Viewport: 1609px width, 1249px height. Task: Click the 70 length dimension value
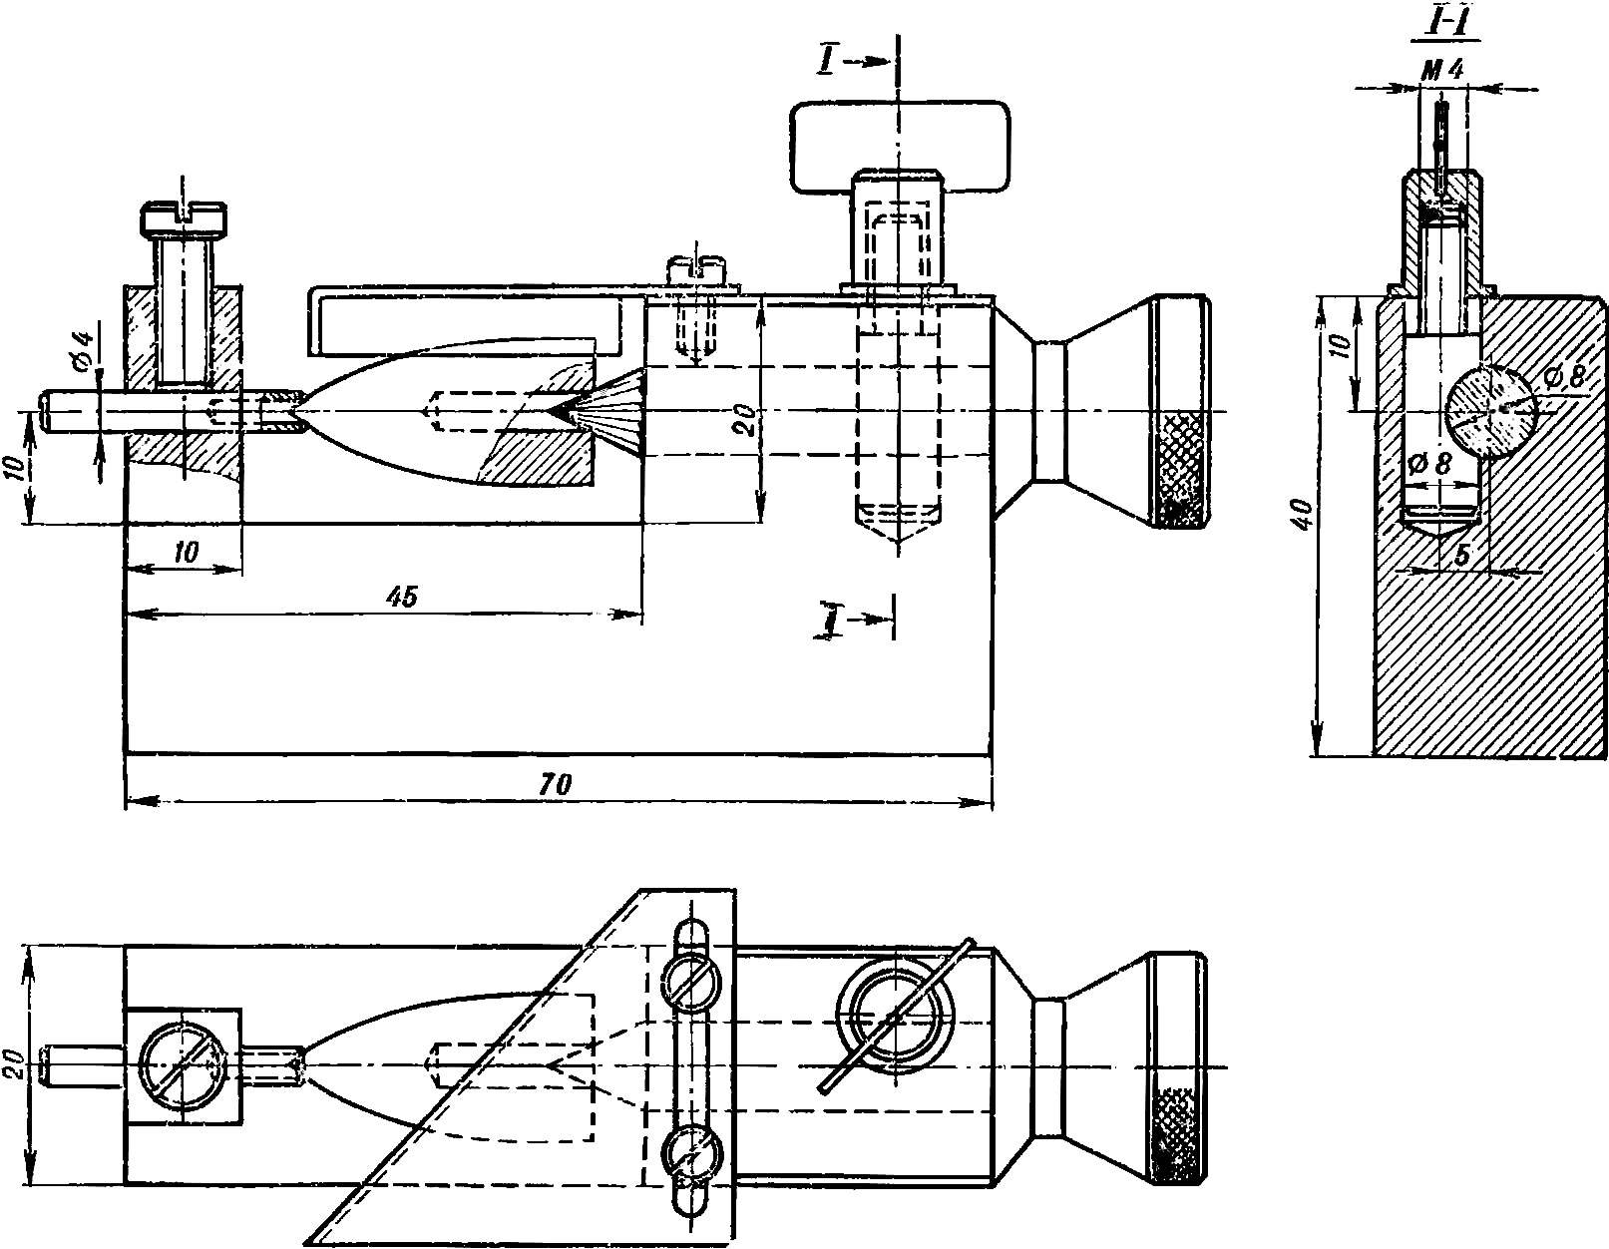[x=556, y=784]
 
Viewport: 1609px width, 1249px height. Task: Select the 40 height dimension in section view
[x=1304, y=514]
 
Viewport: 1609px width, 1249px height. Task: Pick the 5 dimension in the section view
[x=1461, y=556]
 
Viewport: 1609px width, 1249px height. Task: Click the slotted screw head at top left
[x=184, y=217]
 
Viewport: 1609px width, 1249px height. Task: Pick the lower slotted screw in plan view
[x=691, y=1155]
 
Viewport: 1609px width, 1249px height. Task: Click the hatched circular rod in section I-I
[x=1489, y=412]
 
